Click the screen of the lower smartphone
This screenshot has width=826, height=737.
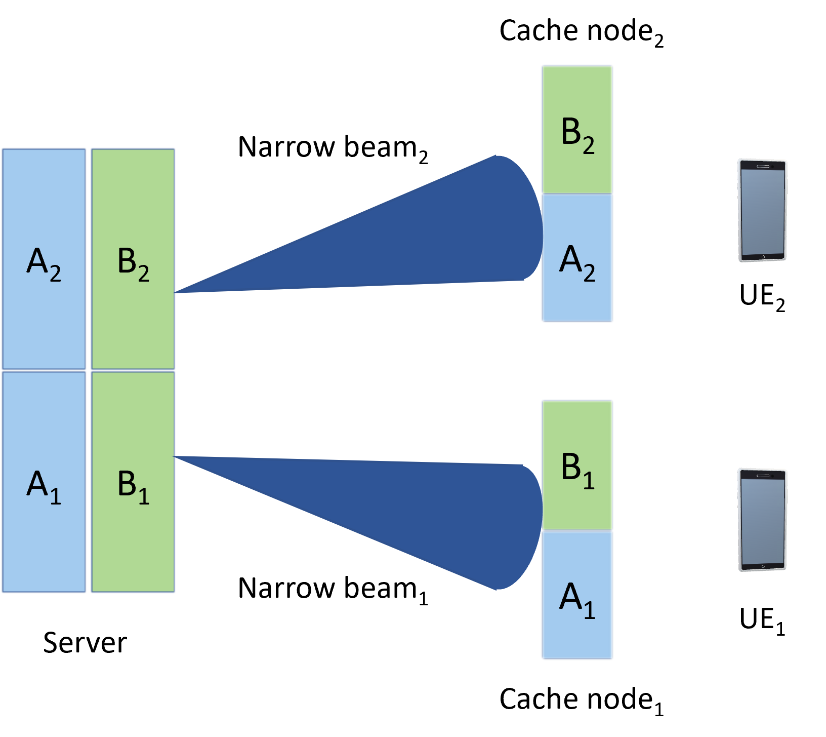[762, 522]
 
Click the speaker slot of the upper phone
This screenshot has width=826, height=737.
[763, 166]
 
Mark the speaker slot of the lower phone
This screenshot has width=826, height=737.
[763, 476]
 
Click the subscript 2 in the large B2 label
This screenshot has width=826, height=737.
[144, 274]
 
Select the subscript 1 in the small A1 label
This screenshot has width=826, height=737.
[589, 610]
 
